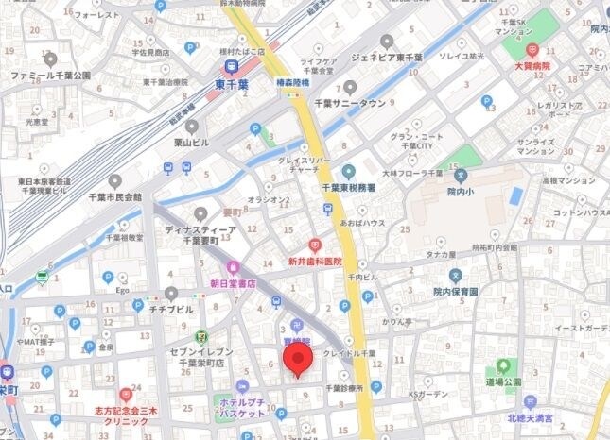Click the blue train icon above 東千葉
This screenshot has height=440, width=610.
[230, 65]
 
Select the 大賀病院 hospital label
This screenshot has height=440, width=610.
[532, 67]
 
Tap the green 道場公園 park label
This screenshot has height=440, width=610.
[503, 381]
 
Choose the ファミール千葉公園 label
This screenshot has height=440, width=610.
[51, 74]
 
